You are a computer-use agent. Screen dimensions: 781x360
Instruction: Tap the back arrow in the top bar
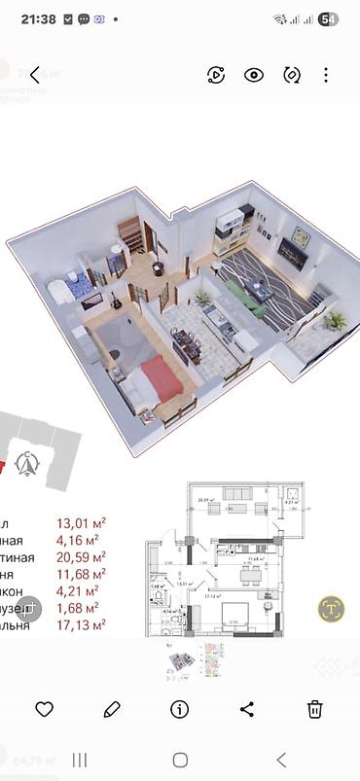(35, 75)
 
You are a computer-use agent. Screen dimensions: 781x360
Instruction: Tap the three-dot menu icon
(326, 75)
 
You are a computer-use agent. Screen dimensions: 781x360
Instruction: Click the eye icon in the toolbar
(254, 75)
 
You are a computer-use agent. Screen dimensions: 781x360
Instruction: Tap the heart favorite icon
(44, 709)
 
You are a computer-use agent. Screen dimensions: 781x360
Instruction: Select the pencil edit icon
(112, 709)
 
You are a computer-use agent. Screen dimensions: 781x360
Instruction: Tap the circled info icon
(179, 709)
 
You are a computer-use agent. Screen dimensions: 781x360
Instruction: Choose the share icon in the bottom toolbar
(247, 709)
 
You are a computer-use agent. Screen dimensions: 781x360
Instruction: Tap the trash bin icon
(315, 709)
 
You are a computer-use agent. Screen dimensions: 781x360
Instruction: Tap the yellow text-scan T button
(332, 609)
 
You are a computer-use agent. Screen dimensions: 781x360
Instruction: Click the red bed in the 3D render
(162, 377)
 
